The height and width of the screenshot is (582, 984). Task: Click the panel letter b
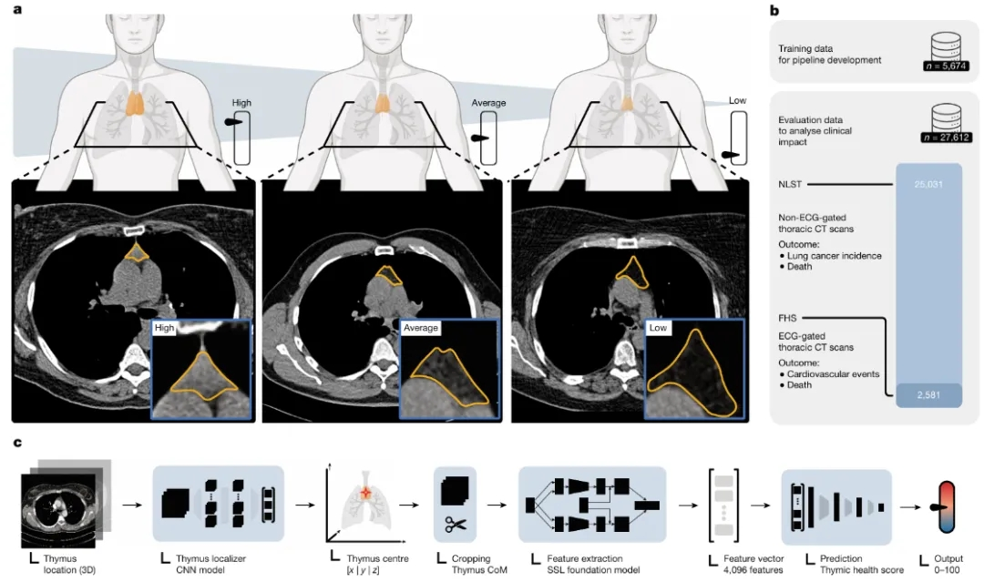click(774, 11)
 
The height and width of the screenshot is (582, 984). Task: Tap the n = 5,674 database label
click(946, 66)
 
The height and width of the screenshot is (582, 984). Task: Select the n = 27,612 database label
click(947, 138)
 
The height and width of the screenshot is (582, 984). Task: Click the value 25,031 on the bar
click(928, 184)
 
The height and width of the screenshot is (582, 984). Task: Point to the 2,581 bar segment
click(928, 395)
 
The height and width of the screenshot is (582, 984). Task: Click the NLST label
click(790, 184)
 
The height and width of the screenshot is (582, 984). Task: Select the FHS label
click(787, 318)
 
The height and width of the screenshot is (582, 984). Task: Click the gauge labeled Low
click(739, 138)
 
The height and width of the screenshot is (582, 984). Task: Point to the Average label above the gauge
click(488, 103)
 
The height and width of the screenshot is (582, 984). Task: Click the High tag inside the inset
click(164, 327)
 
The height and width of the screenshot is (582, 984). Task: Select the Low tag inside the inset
click(658, 327)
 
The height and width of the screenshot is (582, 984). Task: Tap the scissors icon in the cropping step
click(456, 525)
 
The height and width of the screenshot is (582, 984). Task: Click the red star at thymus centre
click(366, 494)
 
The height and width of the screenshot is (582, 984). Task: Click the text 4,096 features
click(753, 570)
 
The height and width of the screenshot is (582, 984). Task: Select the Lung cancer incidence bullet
click(830, 256)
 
